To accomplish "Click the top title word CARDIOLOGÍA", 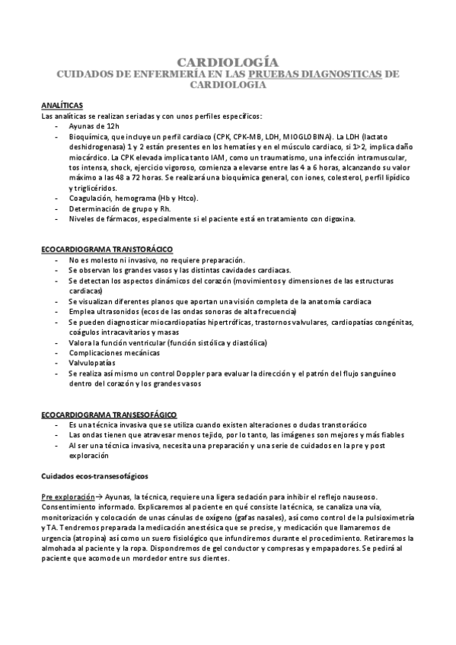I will tap(228, 62).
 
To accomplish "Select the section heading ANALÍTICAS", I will tap(62, 105).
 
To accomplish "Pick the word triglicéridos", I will tap(92, 187).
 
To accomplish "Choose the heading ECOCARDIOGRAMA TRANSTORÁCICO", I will tap(107, 249).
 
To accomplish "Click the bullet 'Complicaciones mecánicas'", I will tap(114, 353).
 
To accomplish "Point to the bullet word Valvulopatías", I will tap(91, 363).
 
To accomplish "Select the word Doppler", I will tap(207, 373).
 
